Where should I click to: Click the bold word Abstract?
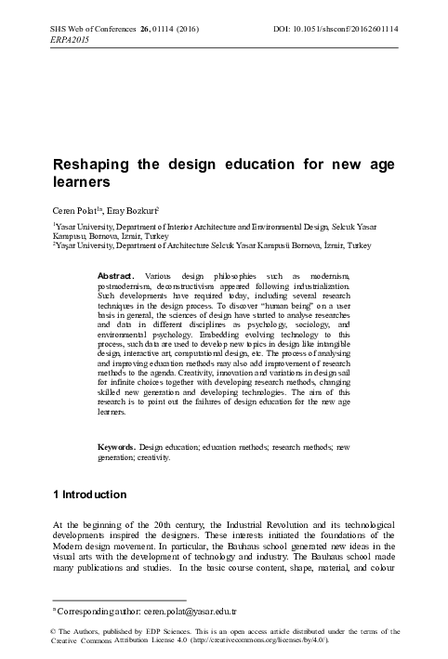click(116, 249)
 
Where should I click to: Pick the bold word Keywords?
click(117, 448)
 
